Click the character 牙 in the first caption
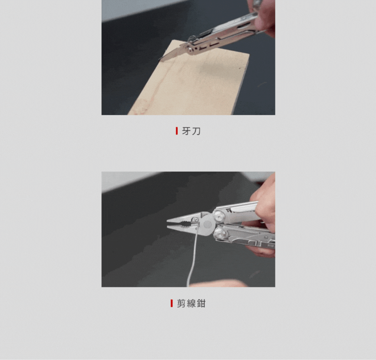pos(186,131)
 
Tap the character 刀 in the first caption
pos(196,131)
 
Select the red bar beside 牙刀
pos(177,131)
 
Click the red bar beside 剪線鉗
pos(171,303)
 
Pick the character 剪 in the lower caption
pos(181,303)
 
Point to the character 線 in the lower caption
pos(191,303)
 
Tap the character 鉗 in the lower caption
pos(201,303)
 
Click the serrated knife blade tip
pos(159,59)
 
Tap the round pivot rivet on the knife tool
pos(191,49)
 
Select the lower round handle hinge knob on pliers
pos(220,233)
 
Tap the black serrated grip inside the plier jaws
pos(185,224)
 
